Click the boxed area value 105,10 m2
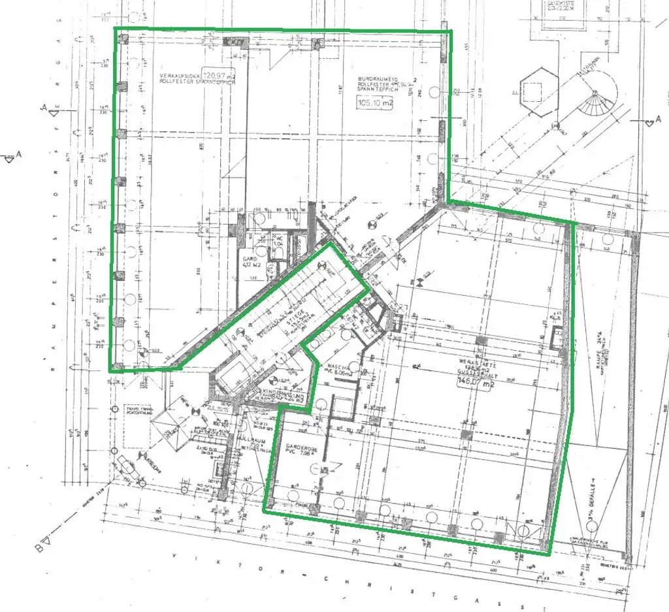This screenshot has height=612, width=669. coord(374,103)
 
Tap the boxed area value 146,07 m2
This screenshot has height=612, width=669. coord(476,381)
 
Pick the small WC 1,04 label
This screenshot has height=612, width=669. coord(278,242)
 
